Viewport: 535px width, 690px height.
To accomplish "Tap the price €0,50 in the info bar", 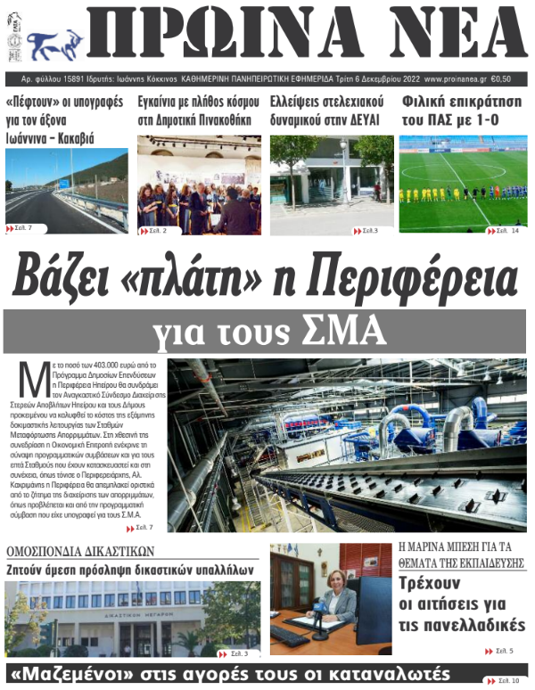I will [510, 78].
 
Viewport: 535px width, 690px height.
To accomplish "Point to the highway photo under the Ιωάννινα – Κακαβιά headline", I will [66, 191].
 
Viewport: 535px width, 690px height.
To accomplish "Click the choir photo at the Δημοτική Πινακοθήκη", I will [199, 185].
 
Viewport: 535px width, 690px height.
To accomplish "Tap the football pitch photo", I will [463, 184].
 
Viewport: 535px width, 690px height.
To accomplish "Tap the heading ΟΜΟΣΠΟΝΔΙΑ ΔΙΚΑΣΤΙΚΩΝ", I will [81, 550].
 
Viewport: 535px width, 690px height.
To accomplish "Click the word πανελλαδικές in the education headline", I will [473, 625].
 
